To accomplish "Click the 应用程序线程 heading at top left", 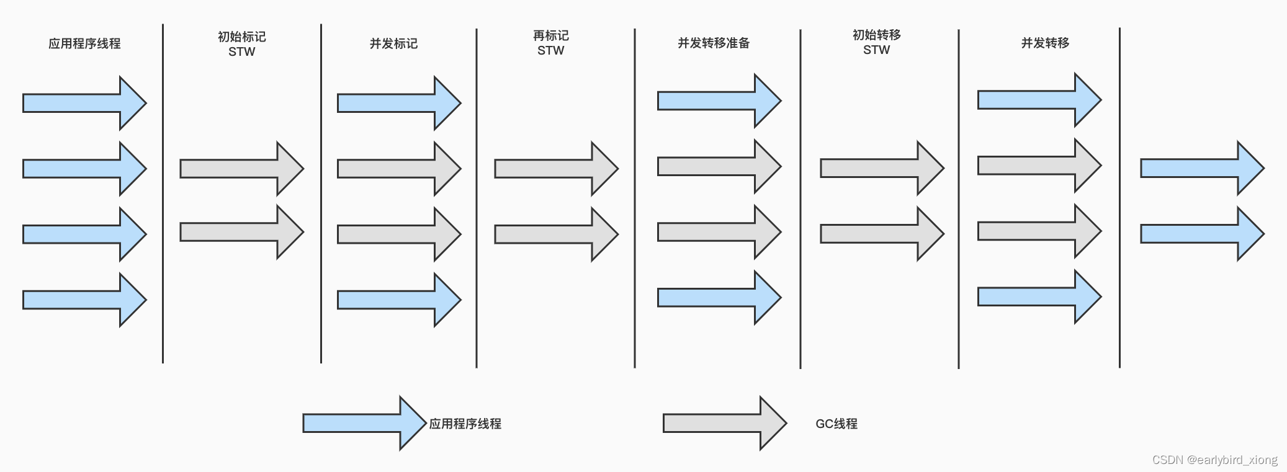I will coord(84,43).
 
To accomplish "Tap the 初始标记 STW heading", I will coord(241,44).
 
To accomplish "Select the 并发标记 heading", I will coord(393,43).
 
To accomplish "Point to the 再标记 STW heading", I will coord(550,43).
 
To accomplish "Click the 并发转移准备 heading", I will coord(714,43).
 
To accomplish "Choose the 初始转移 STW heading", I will coord(876,42).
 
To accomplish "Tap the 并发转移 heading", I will coord(1045,43).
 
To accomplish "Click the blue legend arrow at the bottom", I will coord(363,424).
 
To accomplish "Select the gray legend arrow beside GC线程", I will coord(724,424).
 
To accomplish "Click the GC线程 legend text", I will coord(836,424).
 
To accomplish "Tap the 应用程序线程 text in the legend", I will coord(465,424).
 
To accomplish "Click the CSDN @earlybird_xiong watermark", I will coord(1214,460).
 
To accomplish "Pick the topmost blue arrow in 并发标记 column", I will coord(397,103).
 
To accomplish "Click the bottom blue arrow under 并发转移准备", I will coord(717,298).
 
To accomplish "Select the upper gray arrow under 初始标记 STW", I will coord(240,169).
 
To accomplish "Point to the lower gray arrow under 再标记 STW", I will coord(555,234).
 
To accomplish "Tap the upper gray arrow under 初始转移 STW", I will coord(881,168).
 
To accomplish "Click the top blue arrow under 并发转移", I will coord(1038,100).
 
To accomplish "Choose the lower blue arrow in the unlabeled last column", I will coord(1201,234).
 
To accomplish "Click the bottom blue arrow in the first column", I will coord(83,300).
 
